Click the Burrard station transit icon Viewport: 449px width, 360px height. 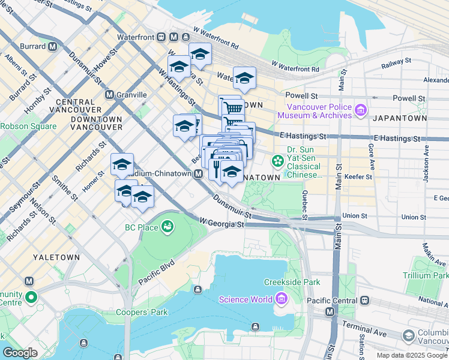coord(53,46)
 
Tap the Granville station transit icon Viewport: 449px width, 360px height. coord(109,95)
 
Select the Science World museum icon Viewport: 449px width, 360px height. coord(281,299)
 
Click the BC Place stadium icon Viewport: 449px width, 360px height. coord(167,227)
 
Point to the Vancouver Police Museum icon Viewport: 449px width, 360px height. coord(360,110)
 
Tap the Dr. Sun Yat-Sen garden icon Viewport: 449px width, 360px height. coord(277,160)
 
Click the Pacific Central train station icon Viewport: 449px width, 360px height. coord(364,299)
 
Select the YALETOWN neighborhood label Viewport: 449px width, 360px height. coord(56,257)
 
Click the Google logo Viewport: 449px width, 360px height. coord(20,353)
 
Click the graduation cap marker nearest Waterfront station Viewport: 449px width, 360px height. coord(200,55)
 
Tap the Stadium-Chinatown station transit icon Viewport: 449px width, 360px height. coord(198,173)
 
